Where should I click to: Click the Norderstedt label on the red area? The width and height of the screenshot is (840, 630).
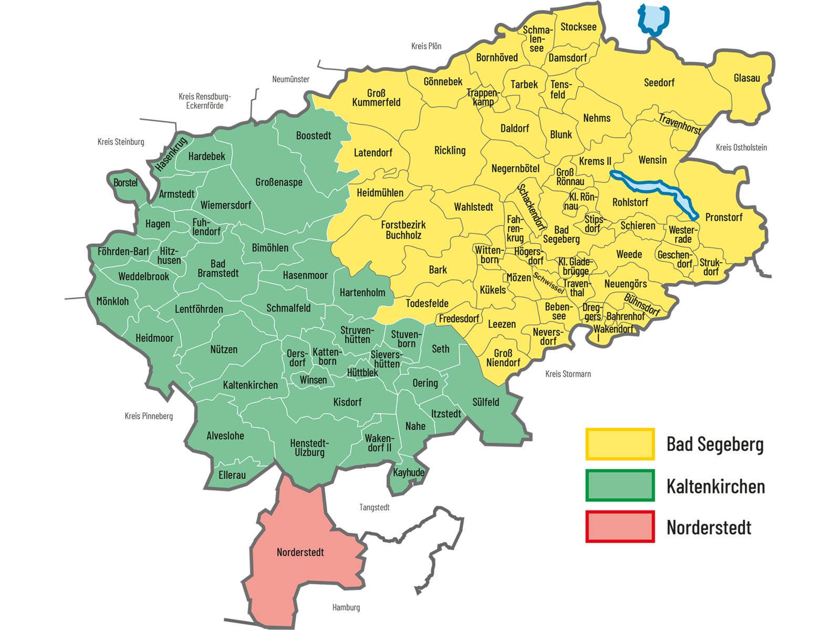click(300, 552)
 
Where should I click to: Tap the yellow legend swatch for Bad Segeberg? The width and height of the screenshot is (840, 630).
click(620, 444)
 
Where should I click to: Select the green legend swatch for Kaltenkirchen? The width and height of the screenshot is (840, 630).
click(620, 486)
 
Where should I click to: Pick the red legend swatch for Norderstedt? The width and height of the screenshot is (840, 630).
click(620, 526)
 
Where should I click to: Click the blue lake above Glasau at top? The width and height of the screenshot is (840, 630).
click(653, 19)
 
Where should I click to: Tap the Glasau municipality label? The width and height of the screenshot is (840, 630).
click(746, 78)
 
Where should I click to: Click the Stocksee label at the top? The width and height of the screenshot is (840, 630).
click(578, 27)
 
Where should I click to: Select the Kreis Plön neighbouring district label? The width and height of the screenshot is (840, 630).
click(426, 46)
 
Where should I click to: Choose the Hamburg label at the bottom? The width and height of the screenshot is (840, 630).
click(346, 607)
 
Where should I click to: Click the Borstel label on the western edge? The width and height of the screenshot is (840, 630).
click(126, 183)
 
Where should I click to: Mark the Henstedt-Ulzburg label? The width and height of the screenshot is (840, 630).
click(309, 447)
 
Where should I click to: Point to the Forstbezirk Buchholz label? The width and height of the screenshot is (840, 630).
click(403, 230)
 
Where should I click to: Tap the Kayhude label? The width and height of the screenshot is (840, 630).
click(408, 472)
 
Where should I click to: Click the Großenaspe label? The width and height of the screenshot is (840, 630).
click(279, 182)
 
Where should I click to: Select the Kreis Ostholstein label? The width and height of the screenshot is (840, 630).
click(741, 148)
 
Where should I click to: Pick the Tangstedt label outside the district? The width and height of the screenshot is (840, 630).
click(375, 507)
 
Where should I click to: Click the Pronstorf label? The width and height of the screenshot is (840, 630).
click(724, 217)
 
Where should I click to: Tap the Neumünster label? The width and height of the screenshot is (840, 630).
click(291, 79)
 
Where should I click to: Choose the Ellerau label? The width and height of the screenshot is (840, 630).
click(232, 475)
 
